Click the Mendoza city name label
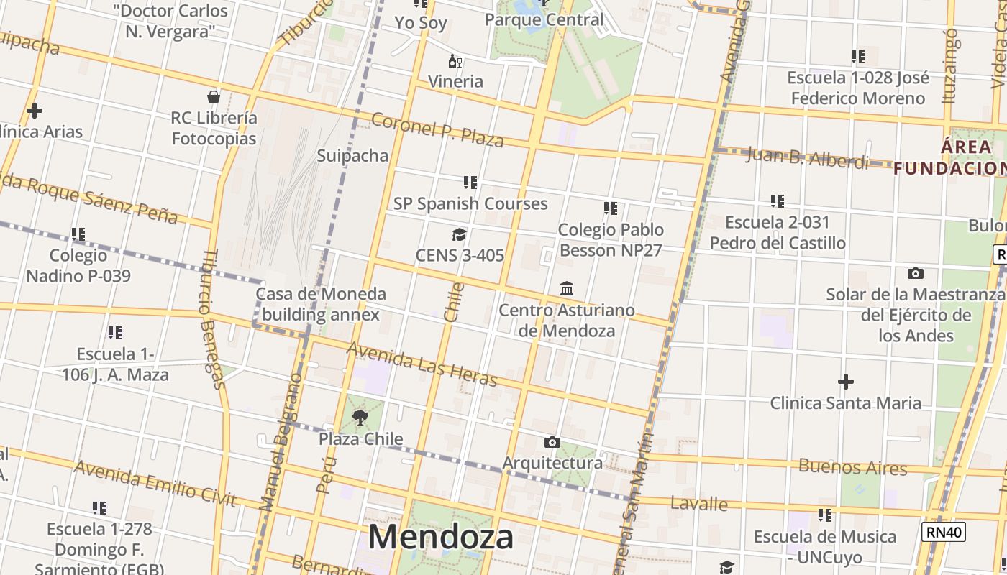[441, 537]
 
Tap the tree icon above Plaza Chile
[360, 417]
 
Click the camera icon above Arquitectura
[552, 442]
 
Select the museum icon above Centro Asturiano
[567, 288]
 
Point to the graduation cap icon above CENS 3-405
[459, 234]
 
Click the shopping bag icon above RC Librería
[214, 96]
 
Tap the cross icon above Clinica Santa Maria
[846, 381]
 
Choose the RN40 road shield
[942, 532]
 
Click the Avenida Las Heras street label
[422, 364]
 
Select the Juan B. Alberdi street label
[806, 157]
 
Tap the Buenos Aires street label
[852, 466]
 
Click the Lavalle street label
[698, 503]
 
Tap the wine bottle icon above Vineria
[455, 61]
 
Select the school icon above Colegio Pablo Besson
[610, 208]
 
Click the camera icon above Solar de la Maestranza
[915, 273]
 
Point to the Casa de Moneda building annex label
[321, 304]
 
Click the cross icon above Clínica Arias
[34, 111]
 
